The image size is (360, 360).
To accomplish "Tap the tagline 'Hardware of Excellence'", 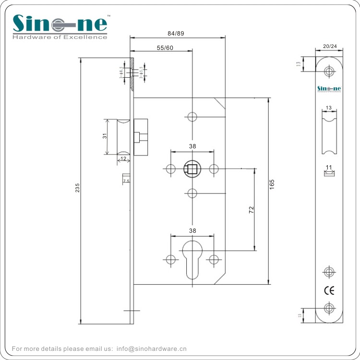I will [x=60, y=37].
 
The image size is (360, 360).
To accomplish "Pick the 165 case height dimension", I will [x=272, y=183].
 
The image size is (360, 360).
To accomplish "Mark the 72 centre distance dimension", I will [x=251, y=209].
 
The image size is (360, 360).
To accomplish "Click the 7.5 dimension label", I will [x=126, y=181].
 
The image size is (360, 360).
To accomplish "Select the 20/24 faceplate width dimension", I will [x=330, y=46].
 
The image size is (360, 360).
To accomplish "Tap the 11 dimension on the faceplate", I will [x=329, y=168].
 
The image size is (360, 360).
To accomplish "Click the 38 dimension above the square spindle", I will [x=192, y=146].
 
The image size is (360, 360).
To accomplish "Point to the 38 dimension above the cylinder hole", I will [x=192, y=230].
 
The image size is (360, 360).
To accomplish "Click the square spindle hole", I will [x=192, y=169].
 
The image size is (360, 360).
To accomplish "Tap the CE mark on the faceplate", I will [x=329, y=290].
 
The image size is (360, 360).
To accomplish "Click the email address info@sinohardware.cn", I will [x=151, y=349].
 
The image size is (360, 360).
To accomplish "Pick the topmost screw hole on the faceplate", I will [x=329, y=72].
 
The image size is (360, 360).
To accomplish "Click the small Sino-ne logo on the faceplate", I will [x=329, y=88].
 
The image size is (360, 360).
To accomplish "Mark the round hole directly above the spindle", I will [x=192, y=117].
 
